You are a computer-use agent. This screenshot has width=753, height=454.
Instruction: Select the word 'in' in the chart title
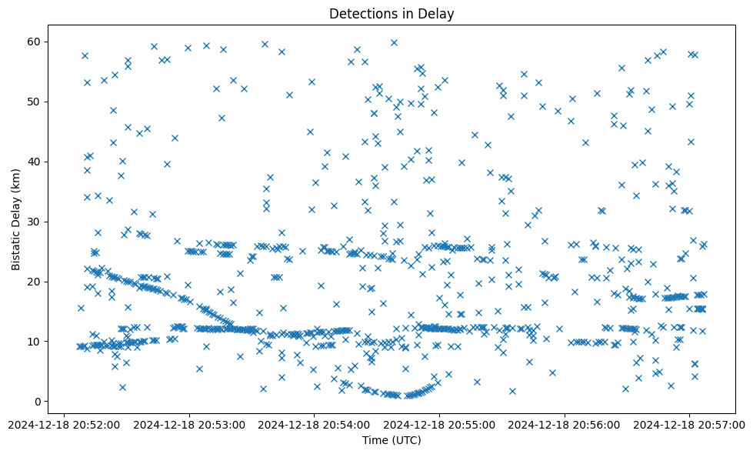coord(399,13)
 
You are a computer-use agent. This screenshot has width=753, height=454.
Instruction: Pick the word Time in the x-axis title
coord(375,440)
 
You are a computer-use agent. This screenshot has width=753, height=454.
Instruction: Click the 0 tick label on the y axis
coord(36,402)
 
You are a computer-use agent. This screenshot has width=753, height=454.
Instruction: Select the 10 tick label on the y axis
coord(33,342)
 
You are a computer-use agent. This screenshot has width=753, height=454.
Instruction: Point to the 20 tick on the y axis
coord(33,282)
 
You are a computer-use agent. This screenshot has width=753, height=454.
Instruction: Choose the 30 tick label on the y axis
coord(33,222)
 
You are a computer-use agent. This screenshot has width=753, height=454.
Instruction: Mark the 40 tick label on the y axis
coord(33,162)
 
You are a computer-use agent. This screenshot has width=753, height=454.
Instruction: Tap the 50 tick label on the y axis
coord(33,102)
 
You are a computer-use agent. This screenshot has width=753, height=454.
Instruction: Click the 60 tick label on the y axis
coord(33,42)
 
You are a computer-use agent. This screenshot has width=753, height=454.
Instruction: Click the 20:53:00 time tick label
coord(188,423)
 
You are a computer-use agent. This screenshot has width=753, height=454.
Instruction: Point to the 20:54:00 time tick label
coord(314,423)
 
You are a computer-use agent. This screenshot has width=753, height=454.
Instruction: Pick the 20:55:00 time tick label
coord(439,423)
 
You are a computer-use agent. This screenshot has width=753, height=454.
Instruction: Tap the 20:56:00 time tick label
coord(565,423)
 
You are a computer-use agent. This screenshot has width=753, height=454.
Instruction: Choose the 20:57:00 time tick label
coord(690,423)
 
